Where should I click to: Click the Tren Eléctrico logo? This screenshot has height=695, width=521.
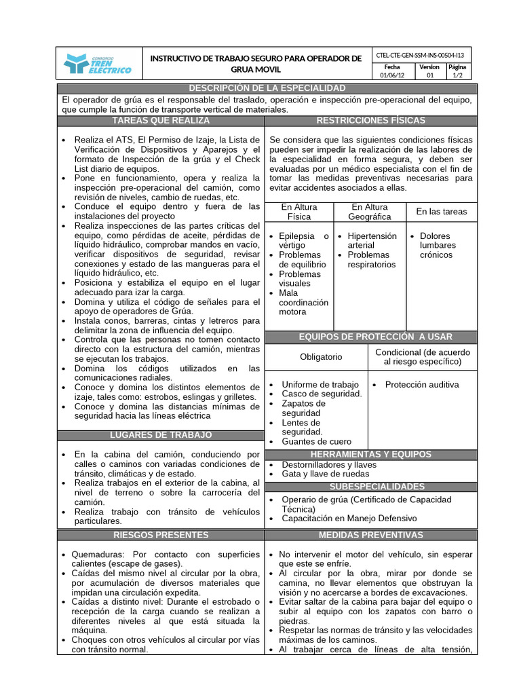coord(98,64)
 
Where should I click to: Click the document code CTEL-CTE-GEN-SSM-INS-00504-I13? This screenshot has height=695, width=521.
coord(423,54)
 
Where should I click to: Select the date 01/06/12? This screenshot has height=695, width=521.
coord(391,76)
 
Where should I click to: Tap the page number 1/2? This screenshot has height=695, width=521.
coord(458,76)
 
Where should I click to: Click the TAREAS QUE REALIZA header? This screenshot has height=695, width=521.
coord(161,120)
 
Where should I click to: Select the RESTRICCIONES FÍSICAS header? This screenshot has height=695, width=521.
coord(370,120)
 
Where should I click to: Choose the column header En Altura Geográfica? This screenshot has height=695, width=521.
coord(369,212)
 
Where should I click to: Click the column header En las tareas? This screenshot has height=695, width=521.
coord(441,212)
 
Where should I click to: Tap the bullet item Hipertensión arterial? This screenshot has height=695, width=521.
coord(372,240)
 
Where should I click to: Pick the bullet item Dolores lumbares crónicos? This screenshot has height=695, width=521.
coord(438,245)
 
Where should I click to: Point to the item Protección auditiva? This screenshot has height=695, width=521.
coord(421,384)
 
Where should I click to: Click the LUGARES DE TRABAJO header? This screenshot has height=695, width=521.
coord(161,434)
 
